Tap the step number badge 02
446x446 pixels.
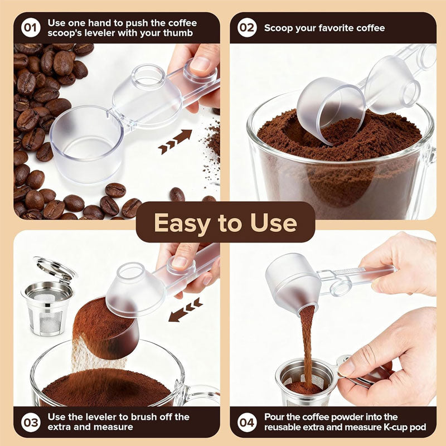pyautogui.click(x=247, y=28)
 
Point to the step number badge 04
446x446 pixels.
pyautogui.click(x=247, y=421)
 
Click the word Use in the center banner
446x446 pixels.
pyautogui.click(x=274, y=222)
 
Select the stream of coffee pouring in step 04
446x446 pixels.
pyautogui.click(x=306, y=340)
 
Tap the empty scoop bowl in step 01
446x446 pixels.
pyautogui.click(x=86, y=142)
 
